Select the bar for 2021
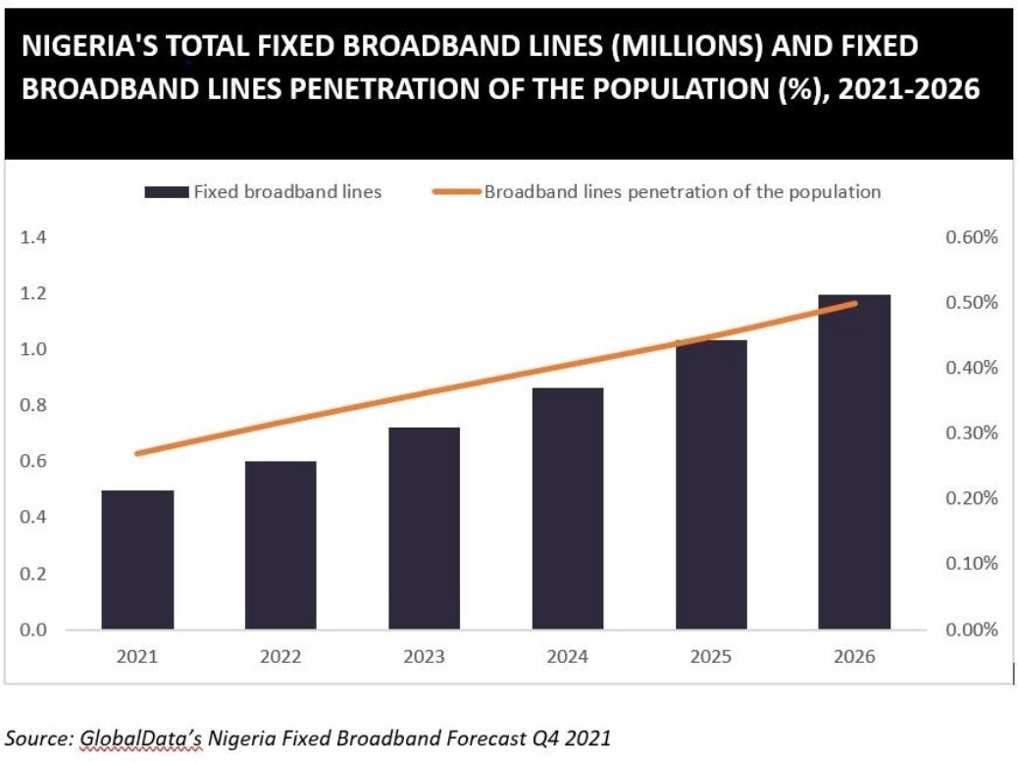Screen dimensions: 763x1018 (x=137, y=559)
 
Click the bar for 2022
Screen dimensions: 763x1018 (x=280, y=544)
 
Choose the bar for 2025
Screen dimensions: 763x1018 (x=712, y=484)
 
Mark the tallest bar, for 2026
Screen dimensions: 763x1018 (x=855, y=461)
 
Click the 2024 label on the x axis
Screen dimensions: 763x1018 (x=568, y=657)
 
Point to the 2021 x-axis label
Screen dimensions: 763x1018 (x=137, y=657)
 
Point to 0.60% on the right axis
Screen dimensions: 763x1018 (x=972, y=238)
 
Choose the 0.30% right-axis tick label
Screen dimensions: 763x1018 (x=972, y=433)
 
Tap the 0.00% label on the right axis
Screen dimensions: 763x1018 (x=972, y=630)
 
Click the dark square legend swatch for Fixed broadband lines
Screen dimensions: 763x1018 (x=166, y=192)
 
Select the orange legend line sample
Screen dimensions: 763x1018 (x=457, y=192)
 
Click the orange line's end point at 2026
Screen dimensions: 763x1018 (x=855, y=303)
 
